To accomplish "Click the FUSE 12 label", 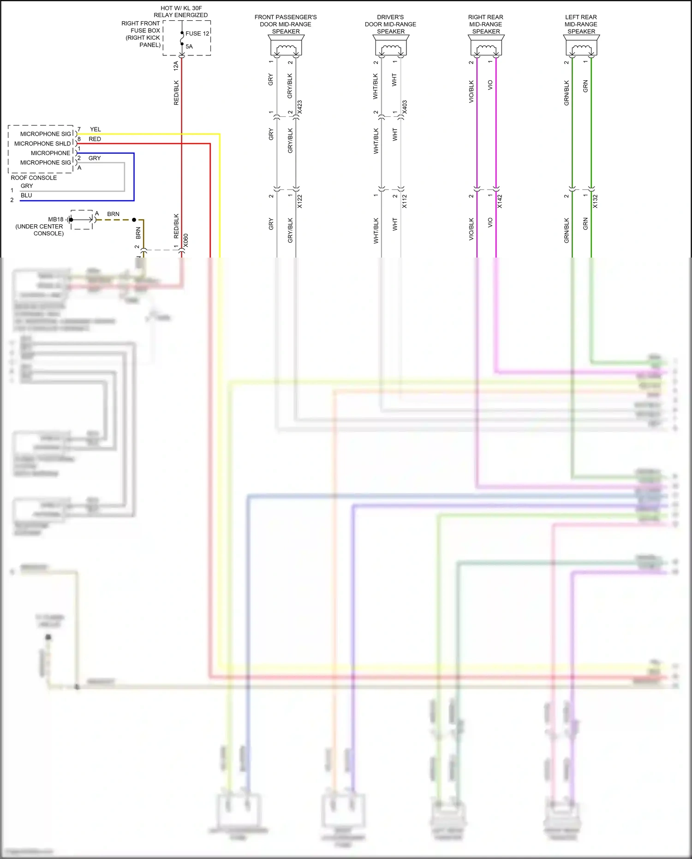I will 197,33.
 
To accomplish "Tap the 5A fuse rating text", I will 189,46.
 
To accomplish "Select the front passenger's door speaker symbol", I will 286,47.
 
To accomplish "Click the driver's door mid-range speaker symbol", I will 391,47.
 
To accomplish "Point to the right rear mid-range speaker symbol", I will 486,47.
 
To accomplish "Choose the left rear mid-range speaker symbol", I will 581,47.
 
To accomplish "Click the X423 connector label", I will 300,107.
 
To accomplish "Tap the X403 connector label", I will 405,107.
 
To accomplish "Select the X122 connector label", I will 300,201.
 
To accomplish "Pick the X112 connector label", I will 405,201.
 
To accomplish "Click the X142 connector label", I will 500,201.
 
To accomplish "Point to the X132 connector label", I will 595,201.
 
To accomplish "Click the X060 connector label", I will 186,240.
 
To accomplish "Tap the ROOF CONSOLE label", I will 34,178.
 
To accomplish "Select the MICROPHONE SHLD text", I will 42,144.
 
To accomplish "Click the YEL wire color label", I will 95,129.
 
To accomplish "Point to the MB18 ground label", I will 56,219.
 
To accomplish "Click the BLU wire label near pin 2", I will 26,195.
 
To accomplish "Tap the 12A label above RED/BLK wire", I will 176,66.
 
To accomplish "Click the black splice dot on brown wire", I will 134,220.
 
